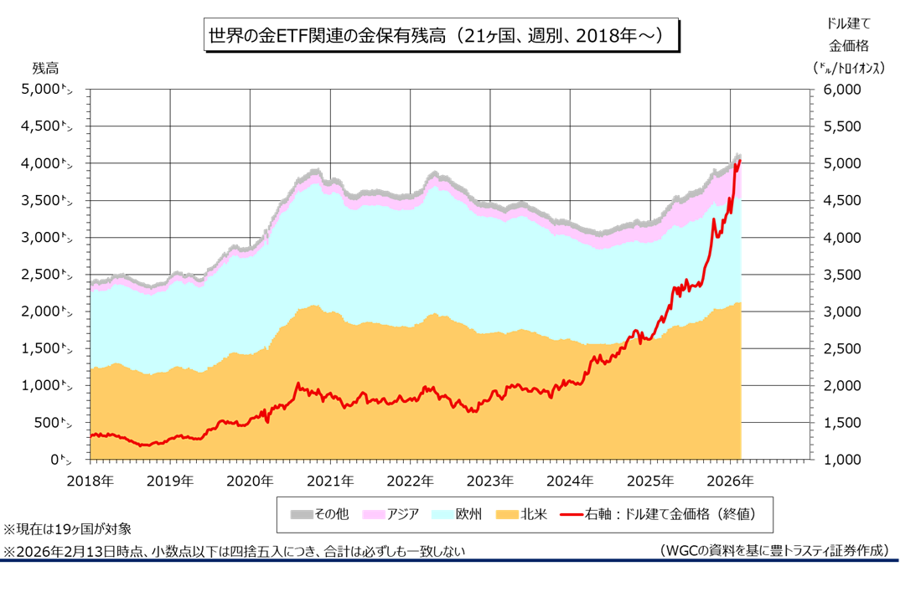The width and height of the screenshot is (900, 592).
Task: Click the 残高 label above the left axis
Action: tap(45, 67)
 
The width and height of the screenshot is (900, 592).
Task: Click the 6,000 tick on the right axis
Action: tap(845, 89)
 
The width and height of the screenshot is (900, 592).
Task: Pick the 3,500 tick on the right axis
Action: tap(845, 275)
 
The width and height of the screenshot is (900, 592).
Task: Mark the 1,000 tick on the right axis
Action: tap(845, 460)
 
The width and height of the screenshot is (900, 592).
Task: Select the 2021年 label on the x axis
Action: tap(330, 481)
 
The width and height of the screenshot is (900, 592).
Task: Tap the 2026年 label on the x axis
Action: tap(730, 481)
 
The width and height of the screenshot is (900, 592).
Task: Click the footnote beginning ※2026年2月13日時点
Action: tap(234, 551)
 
